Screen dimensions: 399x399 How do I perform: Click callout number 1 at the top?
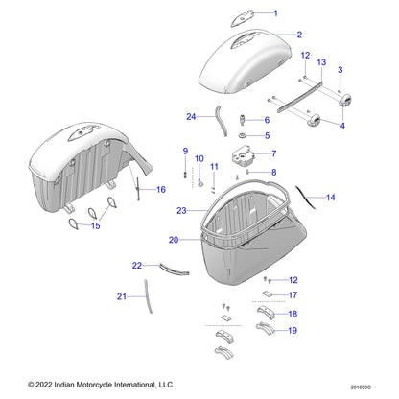click(274, 13)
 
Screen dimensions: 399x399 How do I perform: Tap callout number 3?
click(339, 71)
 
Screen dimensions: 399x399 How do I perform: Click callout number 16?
click(160, 190)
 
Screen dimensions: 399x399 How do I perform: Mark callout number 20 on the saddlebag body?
click(173, 239)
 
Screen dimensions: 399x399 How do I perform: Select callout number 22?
click(138, 265)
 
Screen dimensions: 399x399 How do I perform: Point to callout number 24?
click(191, 117)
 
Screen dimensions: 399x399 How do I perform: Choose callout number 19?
click(293, 332)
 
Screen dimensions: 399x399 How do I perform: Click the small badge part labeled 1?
click(242, 18)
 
